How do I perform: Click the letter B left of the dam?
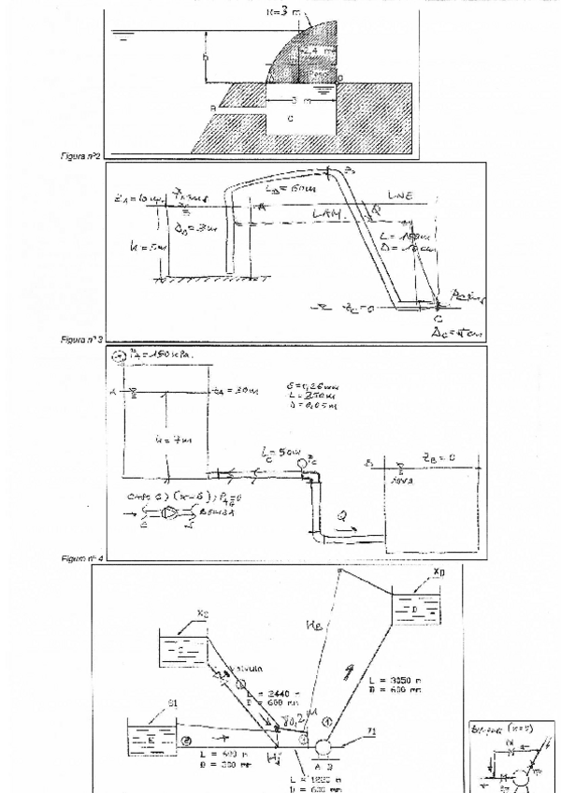[x=213, y=108]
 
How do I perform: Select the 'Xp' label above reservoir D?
[x=439, y=570]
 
